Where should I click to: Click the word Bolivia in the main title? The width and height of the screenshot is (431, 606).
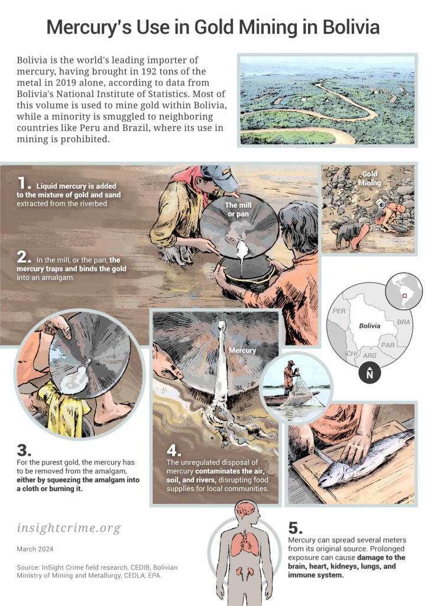click(351, 27)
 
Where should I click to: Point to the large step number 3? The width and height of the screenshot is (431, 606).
click(24, 450)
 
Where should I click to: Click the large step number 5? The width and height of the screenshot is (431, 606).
click(296, 528)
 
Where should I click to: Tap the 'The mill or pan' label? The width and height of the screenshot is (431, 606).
click(239, 209)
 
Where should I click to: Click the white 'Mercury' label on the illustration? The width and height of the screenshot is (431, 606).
click(242, 350)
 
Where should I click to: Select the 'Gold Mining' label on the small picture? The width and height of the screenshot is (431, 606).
click(370, 178)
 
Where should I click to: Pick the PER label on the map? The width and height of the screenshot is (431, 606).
click(339, 311)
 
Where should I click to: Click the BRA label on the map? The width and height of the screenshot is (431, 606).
click(403, 322)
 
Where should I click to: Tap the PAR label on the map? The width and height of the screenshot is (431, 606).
click(387, 345)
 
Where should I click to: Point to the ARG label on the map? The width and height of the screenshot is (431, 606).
click(370, 356)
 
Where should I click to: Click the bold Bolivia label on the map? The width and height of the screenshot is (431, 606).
click(370, 326)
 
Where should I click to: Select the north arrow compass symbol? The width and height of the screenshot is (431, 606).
click(370, 373)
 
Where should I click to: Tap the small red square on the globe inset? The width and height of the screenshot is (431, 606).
click(405, 296)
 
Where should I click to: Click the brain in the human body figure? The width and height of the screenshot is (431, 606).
click(245, 510)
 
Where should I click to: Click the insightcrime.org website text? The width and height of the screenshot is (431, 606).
click(69, 528)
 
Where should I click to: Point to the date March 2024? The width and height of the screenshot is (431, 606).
click(35, 549)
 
